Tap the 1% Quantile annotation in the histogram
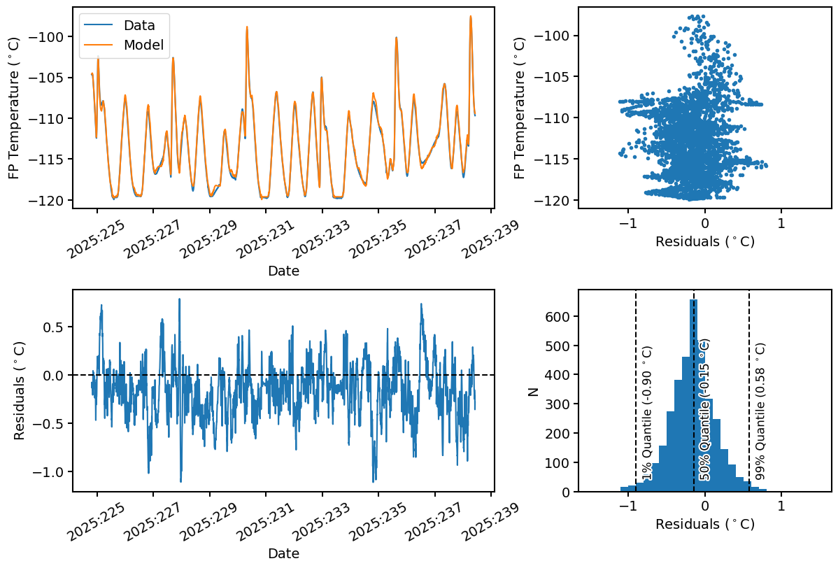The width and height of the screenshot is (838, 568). tap(647, 413)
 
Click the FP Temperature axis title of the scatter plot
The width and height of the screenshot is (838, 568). tap(520, 108)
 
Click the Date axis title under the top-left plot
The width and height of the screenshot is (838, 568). tap(283, 271)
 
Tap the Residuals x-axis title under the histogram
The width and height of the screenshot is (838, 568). tap(704, 523)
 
